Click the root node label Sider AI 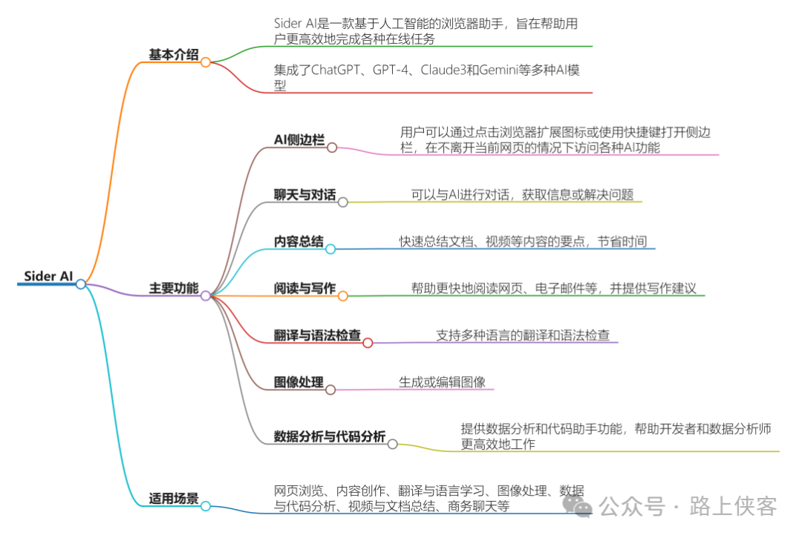click(x=48, y=276)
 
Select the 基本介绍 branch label click(x=174, y=54)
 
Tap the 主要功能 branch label click(x=174, y=288)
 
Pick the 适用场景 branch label click(x=174, y=499)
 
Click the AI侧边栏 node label click(x=299, y=140)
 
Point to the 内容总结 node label click(x=299, y=241)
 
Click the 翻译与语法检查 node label click(x=317, y=335)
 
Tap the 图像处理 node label click(x=299, y=382)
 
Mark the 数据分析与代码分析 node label click(x=330, y=436)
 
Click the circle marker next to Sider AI click(x=81, y=284)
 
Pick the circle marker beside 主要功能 click(x=206, y=295)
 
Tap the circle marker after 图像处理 click(x=330, y=390)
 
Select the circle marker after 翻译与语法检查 click(x=367, y=343)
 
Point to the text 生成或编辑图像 click(x=442, y=382)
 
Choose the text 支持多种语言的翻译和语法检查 click(x=523, y=335)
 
